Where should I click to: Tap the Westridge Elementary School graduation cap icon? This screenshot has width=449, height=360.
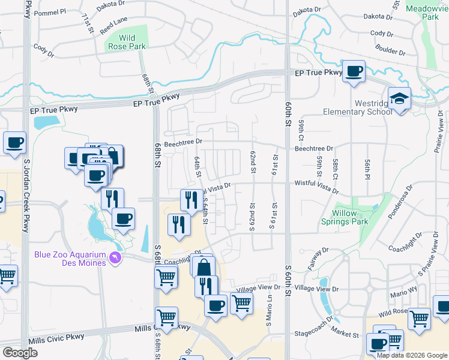click(399, 98)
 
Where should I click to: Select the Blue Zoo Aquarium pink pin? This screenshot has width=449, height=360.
click(115, 258)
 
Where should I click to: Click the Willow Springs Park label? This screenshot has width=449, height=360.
click(354, 217)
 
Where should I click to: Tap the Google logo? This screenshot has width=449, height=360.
click(20, 353)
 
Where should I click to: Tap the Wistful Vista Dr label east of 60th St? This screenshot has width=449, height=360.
click(316, 186)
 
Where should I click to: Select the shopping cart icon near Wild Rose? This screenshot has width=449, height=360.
click(419, 318)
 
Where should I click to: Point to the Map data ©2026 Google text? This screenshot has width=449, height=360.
click(412, 355)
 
